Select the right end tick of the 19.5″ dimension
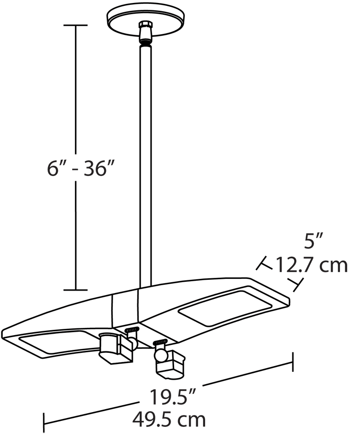293,363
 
